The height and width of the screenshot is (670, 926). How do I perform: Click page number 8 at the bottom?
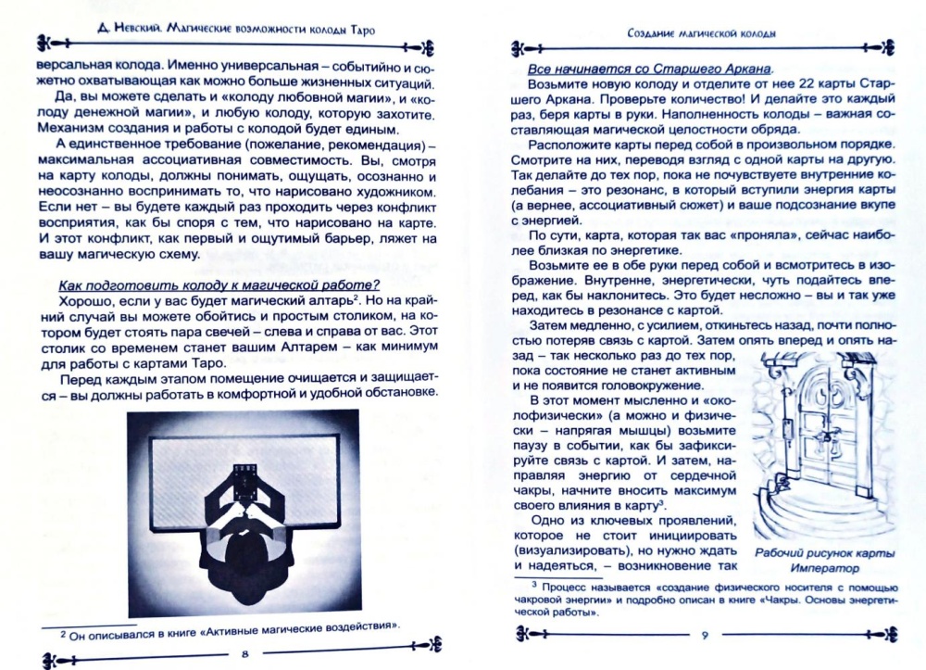244,654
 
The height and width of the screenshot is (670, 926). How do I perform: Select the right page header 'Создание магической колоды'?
700,32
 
